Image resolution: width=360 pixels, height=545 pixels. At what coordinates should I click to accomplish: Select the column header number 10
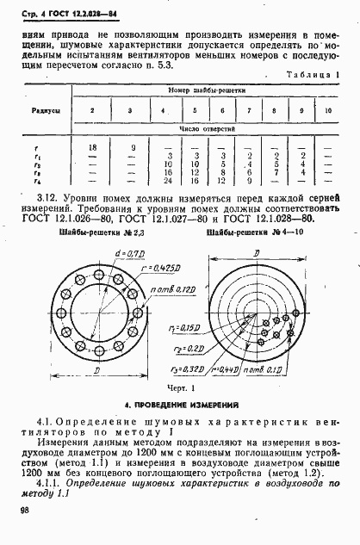tap(326, 111)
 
